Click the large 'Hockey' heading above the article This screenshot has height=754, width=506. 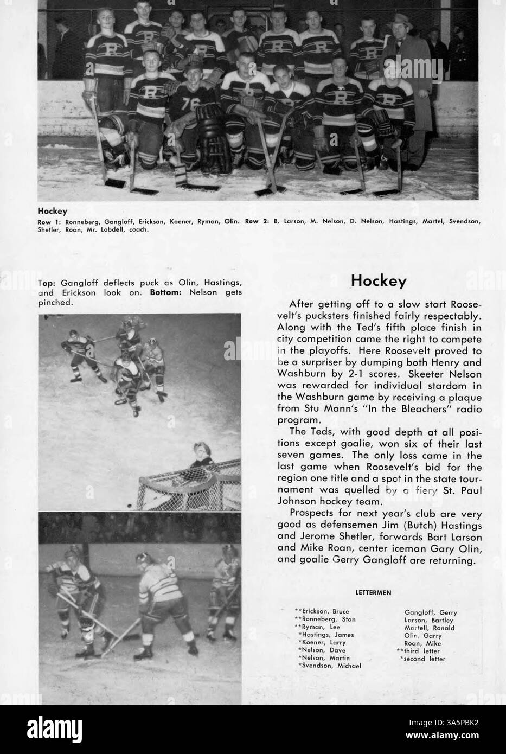point(379,280)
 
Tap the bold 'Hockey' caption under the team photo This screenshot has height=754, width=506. point(52,211)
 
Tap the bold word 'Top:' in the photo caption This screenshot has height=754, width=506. point(48,283)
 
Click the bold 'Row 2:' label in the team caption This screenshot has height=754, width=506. point(254,221)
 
